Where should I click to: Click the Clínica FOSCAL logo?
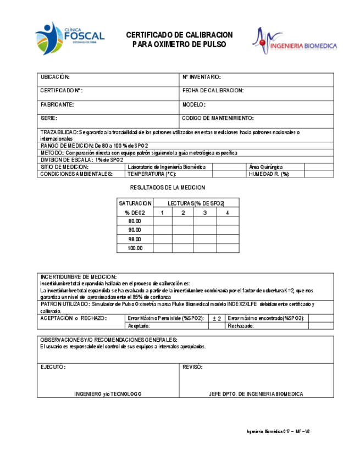(x=70, y=38)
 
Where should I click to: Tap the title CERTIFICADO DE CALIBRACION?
(x=179, y=35)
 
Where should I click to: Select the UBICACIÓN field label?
(x=55, y=77)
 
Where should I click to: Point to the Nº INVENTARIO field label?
(x=201, y=77)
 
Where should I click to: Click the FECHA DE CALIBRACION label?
(x=213, y=91)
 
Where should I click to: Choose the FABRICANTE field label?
(x=57, y=104)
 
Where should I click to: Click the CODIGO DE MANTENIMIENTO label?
(x=218, y=118)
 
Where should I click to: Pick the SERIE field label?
(x=49, y=118)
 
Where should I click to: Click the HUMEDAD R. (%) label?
(x=269, y=174)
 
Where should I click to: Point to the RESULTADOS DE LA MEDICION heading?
(x=171, y=188)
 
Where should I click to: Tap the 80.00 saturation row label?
(x=135, y=221)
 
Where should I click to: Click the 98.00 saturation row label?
(x=135, y=239)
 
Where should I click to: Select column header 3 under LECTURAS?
(x=204, y=212)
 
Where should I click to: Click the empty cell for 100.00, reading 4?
(x=228, y=248)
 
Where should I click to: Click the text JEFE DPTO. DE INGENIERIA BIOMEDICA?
(x=256, y=394)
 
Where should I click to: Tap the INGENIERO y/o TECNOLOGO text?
(x=108, y=394)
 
